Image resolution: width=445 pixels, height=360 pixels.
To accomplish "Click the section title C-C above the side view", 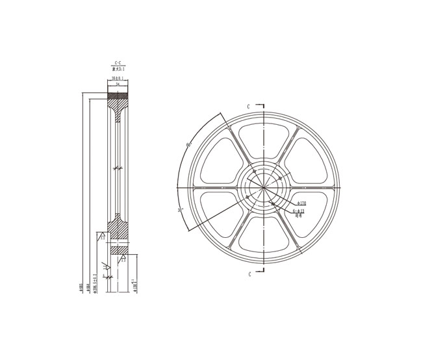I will click(118, 63).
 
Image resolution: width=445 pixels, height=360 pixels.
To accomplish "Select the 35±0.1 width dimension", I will click(118, 79).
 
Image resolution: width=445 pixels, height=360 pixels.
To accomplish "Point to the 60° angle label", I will click(188, 145).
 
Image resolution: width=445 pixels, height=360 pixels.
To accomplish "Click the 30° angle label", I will click(180, 210).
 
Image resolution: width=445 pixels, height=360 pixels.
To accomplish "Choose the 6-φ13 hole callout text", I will click(299, 211).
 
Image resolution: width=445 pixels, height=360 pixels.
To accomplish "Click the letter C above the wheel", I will click(248, 105).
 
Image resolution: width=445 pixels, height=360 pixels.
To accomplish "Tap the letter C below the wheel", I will click(249, 275).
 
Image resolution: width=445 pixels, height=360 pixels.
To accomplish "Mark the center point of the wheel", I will click(263, 188).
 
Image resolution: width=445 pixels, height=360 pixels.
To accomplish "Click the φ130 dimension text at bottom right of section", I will click(135, 286).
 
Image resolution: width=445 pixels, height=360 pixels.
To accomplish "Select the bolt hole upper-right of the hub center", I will click(280, 178).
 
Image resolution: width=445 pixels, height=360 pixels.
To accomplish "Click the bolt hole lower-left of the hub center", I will click(248, 199).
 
